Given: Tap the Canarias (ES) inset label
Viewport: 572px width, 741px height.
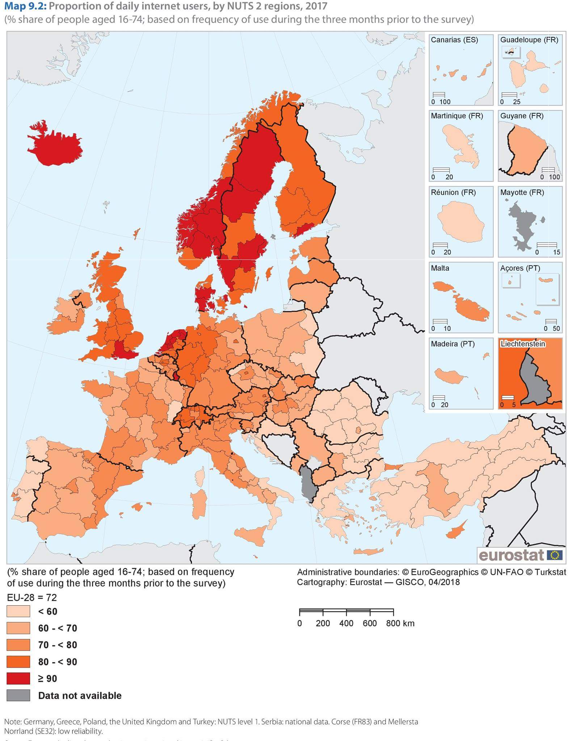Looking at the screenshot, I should [454, 40].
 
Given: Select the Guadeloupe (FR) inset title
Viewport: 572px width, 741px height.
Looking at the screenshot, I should [529, 40].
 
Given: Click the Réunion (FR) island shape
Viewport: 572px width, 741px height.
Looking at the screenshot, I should [460, 222].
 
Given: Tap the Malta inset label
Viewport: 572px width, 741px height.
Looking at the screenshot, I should [440, 268].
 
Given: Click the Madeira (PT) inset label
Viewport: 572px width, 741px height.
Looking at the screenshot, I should [453, 344].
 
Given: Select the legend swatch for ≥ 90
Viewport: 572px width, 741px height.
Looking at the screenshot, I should [18, 678].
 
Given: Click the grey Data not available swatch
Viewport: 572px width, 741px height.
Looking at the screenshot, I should [18, 695].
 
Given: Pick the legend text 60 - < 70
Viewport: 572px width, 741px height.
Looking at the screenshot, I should [58, 628].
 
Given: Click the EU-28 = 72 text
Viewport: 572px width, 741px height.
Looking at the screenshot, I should [32, 597].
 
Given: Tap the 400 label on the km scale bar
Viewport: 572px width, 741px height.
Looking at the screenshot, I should [346, 623].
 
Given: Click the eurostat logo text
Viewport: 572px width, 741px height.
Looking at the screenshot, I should [511, 555].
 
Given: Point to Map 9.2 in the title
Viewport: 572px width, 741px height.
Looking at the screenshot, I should [25, 6].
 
